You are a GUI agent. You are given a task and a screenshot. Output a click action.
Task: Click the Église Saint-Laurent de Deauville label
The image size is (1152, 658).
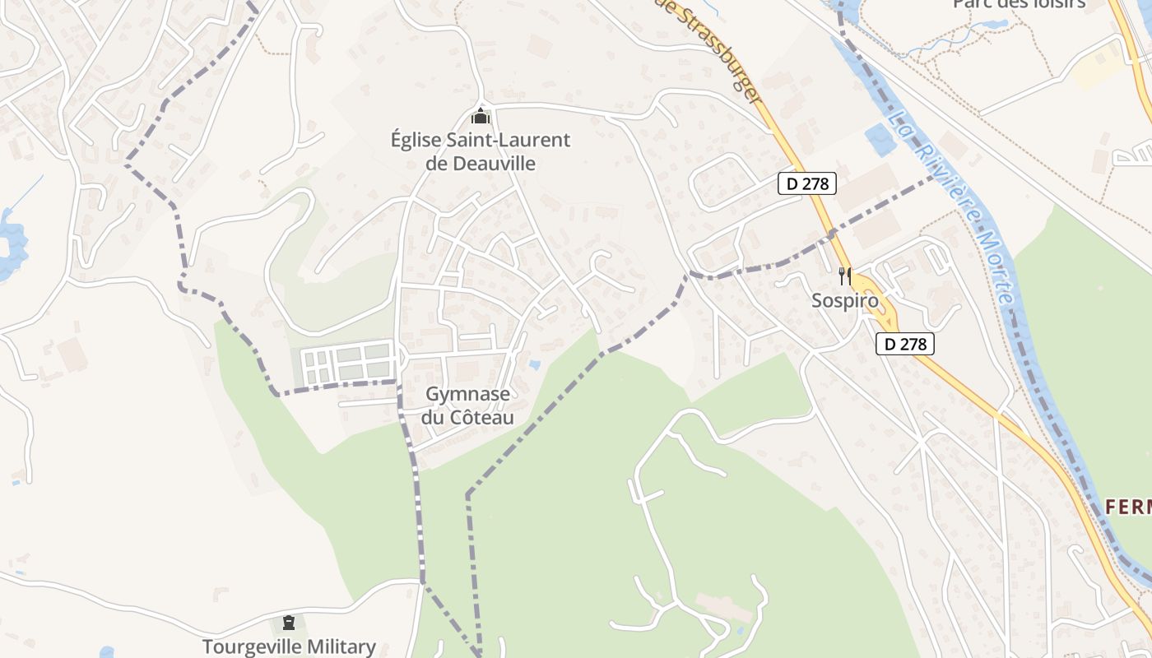click(481, 151)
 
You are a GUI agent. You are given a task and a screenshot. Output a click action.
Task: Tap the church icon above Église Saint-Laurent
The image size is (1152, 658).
click(481, 117)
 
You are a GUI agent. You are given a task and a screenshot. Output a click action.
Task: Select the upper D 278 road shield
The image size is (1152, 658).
click(806, 183)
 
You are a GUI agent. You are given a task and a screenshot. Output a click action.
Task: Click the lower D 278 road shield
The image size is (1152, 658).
click(905, 344)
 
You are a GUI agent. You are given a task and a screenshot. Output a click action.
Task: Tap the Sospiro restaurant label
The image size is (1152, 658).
click(845, 300)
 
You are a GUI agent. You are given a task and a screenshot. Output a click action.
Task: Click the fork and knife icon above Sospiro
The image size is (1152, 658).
click(844, 276)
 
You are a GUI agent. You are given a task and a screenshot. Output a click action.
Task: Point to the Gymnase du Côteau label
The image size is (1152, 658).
click(467, 405)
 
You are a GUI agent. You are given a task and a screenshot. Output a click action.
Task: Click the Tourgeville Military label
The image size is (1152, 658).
click(289, 646)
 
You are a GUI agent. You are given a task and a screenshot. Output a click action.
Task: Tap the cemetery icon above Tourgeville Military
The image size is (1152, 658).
click(288, 623)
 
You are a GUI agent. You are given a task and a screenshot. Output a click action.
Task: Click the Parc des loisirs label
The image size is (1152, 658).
click(1019, 4)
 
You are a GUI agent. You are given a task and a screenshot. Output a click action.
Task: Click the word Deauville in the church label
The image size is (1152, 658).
click(481, 163)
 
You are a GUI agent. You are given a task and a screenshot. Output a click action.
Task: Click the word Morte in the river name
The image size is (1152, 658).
click(992, 267)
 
